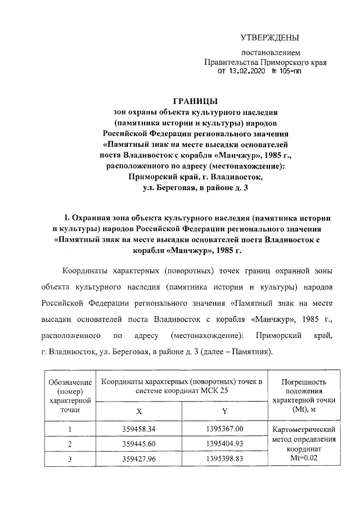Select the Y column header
coord(224,411)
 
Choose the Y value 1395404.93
coord(224,444)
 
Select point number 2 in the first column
coord(70,444)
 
